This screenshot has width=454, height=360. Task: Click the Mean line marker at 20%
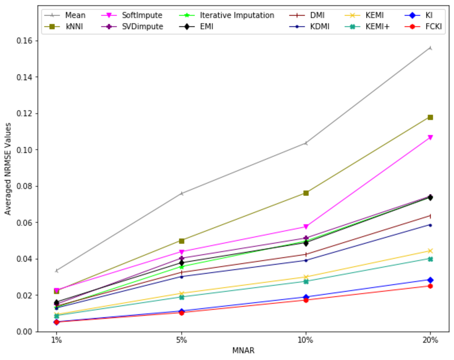[430, 48]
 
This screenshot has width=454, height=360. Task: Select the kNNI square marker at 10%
[306, 193]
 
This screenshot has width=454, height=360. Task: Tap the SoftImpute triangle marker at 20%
[430, 138]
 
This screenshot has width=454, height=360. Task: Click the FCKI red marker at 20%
[430, 286]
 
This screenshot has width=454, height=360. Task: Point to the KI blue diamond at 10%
[306, 297]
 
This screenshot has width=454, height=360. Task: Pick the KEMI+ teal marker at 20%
[430, 259]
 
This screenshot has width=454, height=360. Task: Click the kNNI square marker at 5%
[181, 241]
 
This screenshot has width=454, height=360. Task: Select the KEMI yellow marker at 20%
[430, 251]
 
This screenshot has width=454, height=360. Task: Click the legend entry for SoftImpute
[142, 16]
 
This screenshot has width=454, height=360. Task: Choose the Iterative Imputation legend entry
[237, 16]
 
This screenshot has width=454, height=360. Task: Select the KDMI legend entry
[317, 28]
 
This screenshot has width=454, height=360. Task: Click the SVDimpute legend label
[142, 28]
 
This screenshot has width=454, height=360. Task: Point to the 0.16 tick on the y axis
[26, 41]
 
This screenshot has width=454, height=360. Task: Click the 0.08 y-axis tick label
[26, 186]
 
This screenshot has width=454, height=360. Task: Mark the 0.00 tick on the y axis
[26, 332]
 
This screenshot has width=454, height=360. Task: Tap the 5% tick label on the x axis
[181, 340]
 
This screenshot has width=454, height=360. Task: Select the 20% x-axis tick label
[430, 340]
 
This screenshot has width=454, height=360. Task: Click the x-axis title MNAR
[243, 351]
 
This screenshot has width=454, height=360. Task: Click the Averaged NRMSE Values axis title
[8, 168]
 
